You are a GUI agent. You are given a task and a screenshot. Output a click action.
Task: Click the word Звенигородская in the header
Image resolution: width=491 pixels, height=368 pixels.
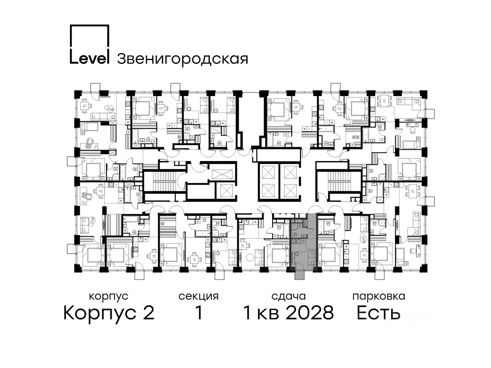(x=182, y=59)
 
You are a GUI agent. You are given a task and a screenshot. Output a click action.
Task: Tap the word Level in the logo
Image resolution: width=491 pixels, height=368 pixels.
(x=90, y=58)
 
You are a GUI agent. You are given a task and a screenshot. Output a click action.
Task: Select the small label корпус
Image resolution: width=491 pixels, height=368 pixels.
(x=109, y=296)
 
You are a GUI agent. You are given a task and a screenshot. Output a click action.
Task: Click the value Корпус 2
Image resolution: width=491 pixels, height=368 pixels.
(x=109, y=313)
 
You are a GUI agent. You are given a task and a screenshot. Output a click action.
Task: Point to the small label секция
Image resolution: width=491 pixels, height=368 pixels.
(x=198, y=296)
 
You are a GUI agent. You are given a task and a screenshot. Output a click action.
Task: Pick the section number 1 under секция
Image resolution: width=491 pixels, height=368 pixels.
(x=199, y=312)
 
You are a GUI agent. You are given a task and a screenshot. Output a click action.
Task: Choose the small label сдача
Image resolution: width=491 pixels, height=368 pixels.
(x=288, y=296)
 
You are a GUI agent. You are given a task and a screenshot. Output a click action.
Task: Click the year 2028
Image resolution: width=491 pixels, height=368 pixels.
(x=310, y=312)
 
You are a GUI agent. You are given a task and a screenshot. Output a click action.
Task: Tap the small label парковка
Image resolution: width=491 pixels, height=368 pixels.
(x=379, y=296)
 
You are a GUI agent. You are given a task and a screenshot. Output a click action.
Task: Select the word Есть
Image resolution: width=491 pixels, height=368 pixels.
(x=378, y=312)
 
